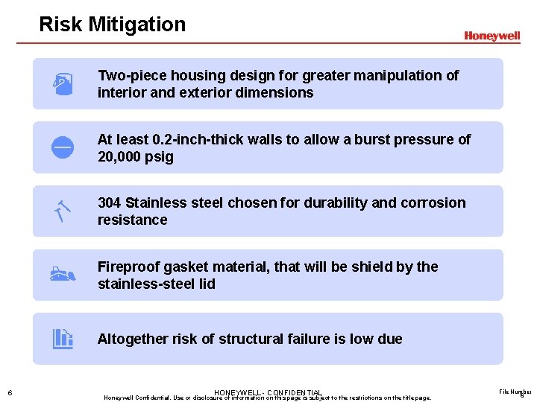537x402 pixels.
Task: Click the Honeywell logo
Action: coord(492,36)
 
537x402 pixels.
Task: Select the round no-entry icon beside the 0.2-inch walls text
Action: coord(62,147)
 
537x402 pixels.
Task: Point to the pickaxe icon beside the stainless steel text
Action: coord(62,211)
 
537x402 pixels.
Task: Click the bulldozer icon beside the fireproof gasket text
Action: coord(63,275)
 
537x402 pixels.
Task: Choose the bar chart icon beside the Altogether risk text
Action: coord(63,339)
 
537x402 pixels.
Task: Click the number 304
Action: coord(110,202)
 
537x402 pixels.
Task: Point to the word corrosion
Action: coord(433,202)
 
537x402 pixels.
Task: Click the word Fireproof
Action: coord(128,267)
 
